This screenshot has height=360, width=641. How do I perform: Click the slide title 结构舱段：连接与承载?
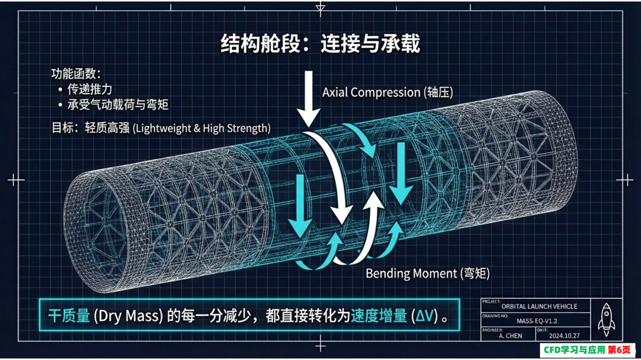[x=320, y=43]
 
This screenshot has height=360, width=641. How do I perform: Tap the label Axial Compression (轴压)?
[x=388, y=93]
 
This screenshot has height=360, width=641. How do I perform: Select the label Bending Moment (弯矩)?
[x=427, y=273]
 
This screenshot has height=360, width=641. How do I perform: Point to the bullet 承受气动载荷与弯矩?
[x=118, y=104]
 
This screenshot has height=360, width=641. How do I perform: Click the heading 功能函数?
[x=75, y=74]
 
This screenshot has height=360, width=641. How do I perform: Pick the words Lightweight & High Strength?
[x=202, y=128]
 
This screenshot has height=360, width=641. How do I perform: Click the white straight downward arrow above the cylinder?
[x=308, y=98]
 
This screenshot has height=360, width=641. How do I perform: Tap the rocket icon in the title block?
[x=606, y=320]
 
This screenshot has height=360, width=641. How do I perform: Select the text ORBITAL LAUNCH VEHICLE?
[x=539, y=307]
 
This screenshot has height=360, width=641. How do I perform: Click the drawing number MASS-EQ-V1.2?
[x=537, y=321]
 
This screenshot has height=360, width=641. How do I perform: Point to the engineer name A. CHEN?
[x=510, y=336]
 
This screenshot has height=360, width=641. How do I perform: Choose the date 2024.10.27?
[x=564, y=336]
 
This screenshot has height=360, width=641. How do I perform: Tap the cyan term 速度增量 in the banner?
[x=379, y=316]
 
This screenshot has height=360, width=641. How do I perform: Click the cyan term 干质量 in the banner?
[x=69, y=316]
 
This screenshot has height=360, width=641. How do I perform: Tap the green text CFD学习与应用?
[x=574, y=350]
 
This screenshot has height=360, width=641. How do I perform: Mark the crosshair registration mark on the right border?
[x=624, y=180]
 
